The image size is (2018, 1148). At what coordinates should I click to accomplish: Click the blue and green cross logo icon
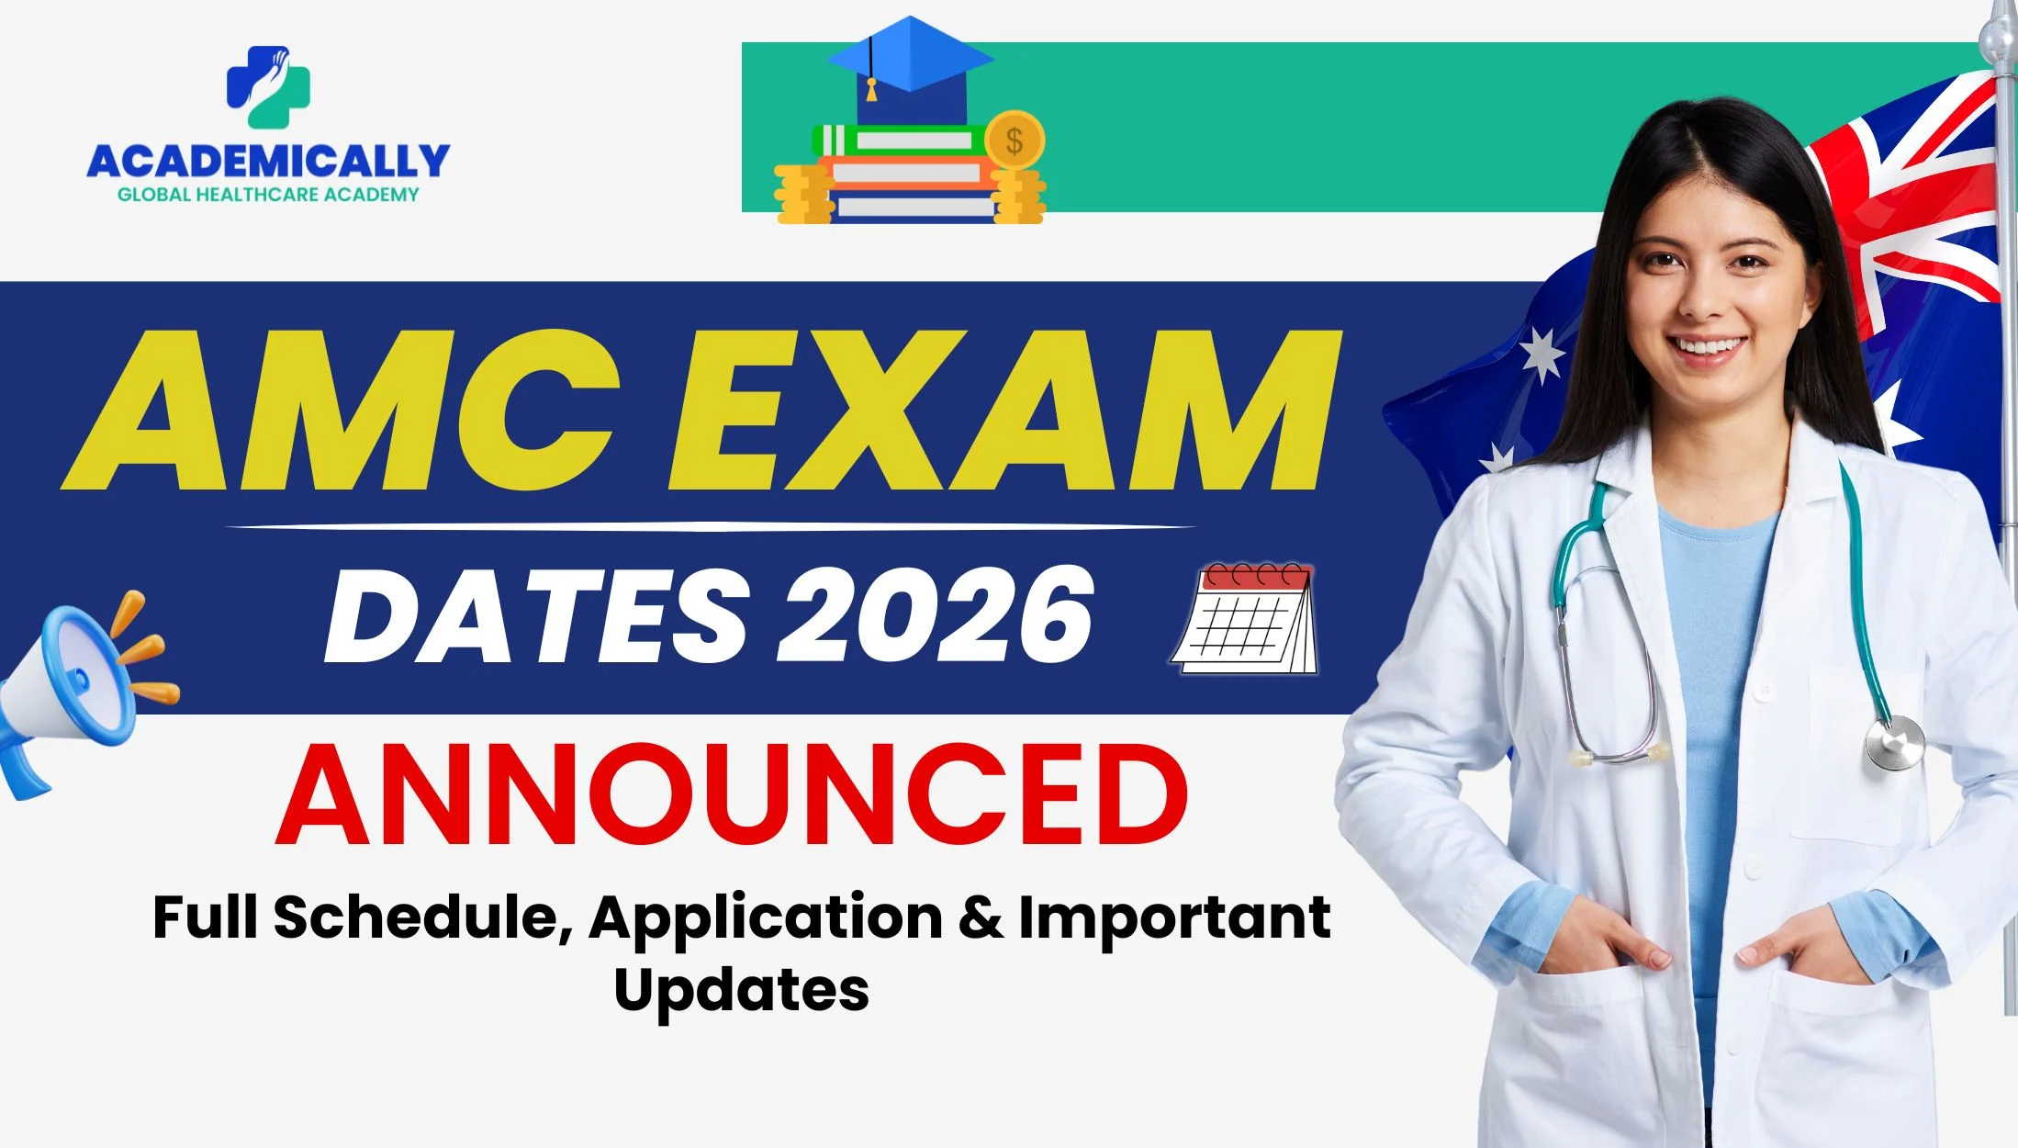coord(268,87)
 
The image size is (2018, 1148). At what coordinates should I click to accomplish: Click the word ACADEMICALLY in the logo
coord(268,162)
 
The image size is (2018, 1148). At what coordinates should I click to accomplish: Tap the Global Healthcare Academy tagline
coord(268,195)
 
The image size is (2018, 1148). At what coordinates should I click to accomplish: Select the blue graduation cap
coord(910,69)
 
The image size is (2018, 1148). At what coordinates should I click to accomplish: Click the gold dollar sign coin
coord(1015,141)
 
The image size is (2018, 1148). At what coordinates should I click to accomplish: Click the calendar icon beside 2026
coord(1244,618)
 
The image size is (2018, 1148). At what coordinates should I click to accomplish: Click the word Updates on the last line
coord(742,990)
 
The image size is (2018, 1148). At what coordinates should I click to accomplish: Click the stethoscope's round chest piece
coord(1895,742)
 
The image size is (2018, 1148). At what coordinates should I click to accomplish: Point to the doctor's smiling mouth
coord(1707,348)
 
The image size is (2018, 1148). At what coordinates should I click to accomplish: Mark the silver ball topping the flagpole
coord(1996,37)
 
